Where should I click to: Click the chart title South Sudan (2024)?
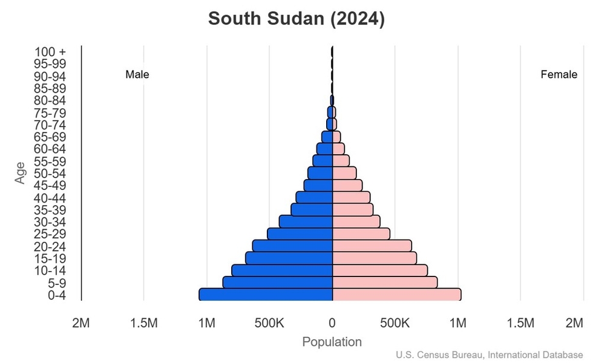point(296,19)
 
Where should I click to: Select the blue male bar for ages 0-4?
point(266,295)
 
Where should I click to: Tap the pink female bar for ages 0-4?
point(396,295)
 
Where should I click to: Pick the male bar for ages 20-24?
point(293,246)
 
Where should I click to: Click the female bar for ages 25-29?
point(361,234)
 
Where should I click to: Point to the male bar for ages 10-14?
point(282,270)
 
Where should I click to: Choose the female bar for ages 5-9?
point(385,283)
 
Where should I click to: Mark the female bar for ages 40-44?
point(351,197)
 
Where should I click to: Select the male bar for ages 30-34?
point(306,221)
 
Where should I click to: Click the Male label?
point(137,75)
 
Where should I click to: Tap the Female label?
point(559,75)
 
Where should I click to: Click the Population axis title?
point(332,342)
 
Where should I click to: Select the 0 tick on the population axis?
point(332,323)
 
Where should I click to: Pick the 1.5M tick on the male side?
point(144,323)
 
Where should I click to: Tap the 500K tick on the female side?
point(395,323)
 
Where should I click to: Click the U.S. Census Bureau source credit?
point(490,355)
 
